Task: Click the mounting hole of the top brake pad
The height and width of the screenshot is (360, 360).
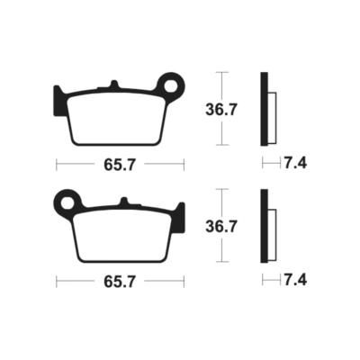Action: [171, 86]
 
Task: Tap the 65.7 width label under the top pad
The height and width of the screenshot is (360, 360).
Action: [120, 165]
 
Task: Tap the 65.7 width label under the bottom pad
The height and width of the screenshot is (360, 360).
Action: [120, 282]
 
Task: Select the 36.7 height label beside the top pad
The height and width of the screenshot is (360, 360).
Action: [221, 110]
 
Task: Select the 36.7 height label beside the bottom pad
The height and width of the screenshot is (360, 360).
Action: [221, 227]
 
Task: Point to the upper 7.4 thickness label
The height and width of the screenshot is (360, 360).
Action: [295, 164]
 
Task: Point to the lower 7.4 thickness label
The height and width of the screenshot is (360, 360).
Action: [295, 281]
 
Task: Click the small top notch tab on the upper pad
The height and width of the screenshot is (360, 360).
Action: [113, 84]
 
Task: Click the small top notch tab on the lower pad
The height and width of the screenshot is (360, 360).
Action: [124, 201]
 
